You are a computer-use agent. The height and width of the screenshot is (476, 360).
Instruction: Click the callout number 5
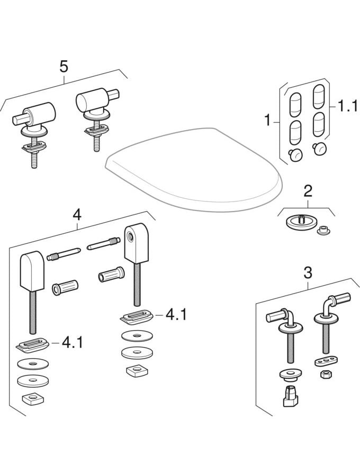point(64,67)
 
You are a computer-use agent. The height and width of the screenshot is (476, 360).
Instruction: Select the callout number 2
point(308,191)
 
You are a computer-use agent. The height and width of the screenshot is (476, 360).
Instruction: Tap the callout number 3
point(308,273)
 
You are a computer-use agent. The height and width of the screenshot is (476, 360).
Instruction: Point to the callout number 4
point(77,215)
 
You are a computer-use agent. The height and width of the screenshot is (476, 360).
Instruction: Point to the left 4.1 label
point(73,342)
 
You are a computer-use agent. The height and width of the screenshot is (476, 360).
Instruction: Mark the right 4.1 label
point(176,315)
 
